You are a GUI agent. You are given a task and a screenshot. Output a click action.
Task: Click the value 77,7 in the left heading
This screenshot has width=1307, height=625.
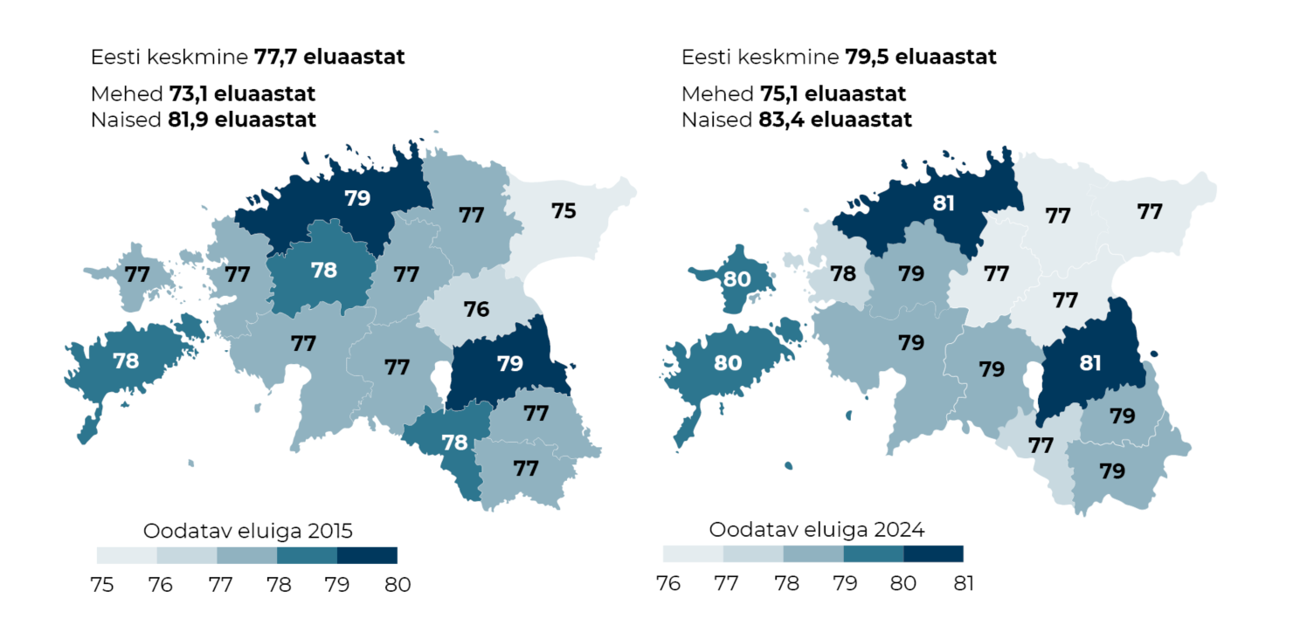click(279, 58)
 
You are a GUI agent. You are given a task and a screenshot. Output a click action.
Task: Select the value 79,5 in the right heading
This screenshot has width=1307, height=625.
click(870, 58)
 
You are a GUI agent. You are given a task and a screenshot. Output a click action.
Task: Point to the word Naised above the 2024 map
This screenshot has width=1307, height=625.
click(714, 120)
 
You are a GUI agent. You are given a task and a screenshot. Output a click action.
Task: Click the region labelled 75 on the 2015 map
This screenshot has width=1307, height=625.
click(564, 210)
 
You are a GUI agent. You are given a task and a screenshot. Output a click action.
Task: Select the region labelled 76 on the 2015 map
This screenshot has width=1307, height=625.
click(476, 308)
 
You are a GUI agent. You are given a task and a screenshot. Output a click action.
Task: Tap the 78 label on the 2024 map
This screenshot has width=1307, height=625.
click(842, 273)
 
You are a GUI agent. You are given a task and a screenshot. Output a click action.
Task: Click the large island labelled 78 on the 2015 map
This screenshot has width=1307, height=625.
click(127, 361)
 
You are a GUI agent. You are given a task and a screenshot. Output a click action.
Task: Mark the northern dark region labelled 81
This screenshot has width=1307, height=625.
click(944, 203)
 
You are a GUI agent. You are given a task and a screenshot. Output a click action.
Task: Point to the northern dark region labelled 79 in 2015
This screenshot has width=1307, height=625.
click(356, 198)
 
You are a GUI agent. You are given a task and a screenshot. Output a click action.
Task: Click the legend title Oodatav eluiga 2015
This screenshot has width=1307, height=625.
click(247, 530)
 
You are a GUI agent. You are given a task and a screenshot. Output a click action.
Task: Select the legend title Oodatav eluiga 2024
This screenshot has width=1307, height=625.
click(816, 529)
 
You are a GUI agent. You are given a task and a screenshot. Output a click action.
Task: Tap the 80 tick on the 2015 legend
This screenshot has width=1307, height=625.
click(398, 584)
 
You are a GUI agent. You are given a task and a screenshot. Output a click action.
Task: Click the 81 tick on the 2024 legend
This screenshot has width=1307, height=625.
click(963, 582)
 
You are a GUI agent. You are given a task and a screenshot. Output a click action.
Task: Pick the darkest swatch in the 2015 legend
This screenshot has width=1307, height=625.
click(367, 555)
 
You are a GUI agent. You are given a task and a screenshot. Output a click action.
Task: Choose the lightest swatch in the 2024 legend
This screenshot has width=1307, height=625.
click(693, 553)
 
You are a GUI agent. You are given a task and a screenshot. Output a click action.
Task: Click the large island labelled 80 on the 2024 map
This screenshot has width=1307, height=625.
click(728, 361)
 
